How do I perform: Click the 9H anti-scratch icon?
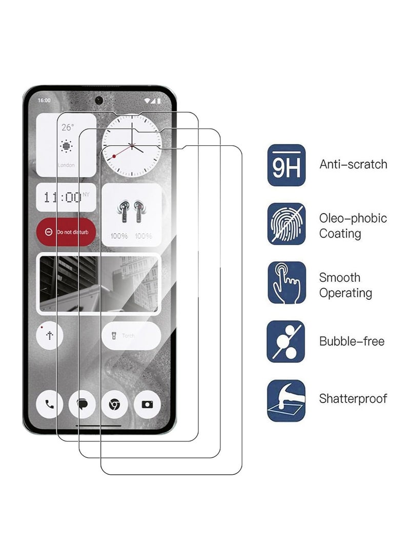pyautogui.click(x=286, y=165)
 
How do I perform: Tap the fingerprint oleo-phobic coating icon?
pyautogui.click(x=286, y=224)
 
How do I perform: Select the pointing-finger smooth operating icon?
pyautogui.click(x=286, y=283)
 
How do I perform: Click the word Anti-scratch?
pyautogui.click(x=353, y=164)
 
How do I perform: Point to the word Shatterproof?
pyautogui.click(x=353, y=398)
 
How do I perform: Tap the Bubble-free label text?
pyautogui.click(x=352, y=341)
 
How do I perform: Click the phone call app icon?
pyautogui.click(x=50, y=404)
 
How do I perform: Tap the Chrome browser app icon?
pyautogui.click(x=115, y=404)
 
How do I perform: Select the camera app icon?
pyautogui.click(x=147, y=404)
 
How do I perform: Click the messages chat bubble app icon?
pyautogui.click(x=82, y=404)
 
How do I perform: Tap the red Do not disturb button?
pyautogui.click(x=66, y=232)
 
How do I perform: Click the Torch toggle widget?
pyautogui.click(x=131, y=336)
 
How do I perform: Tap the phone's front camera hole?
pyautogui.click(x=99, y=100)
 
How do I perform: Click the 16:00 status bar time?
pyautogui.click(x=44, y=101)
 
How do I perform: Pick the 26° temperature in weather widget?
pyautogui.click(x=67, y=128)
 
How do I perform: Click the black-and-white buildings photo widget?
pyautogui.click(x=98, y=283)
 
